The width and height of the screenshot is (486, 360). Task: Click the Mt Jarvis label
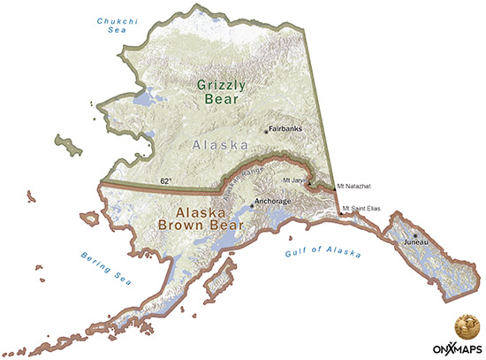coord(292,180)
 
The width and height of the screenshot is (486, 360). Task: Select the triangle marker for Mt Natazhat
coord(334,186)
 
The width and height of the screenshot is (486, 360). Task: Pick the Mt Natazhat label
coord(354,187)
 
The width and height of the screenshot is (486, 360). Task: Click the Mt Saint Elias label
coord(364,210)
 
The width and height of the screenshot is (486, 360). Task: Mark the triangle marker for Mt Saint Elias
coord(342,213)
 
